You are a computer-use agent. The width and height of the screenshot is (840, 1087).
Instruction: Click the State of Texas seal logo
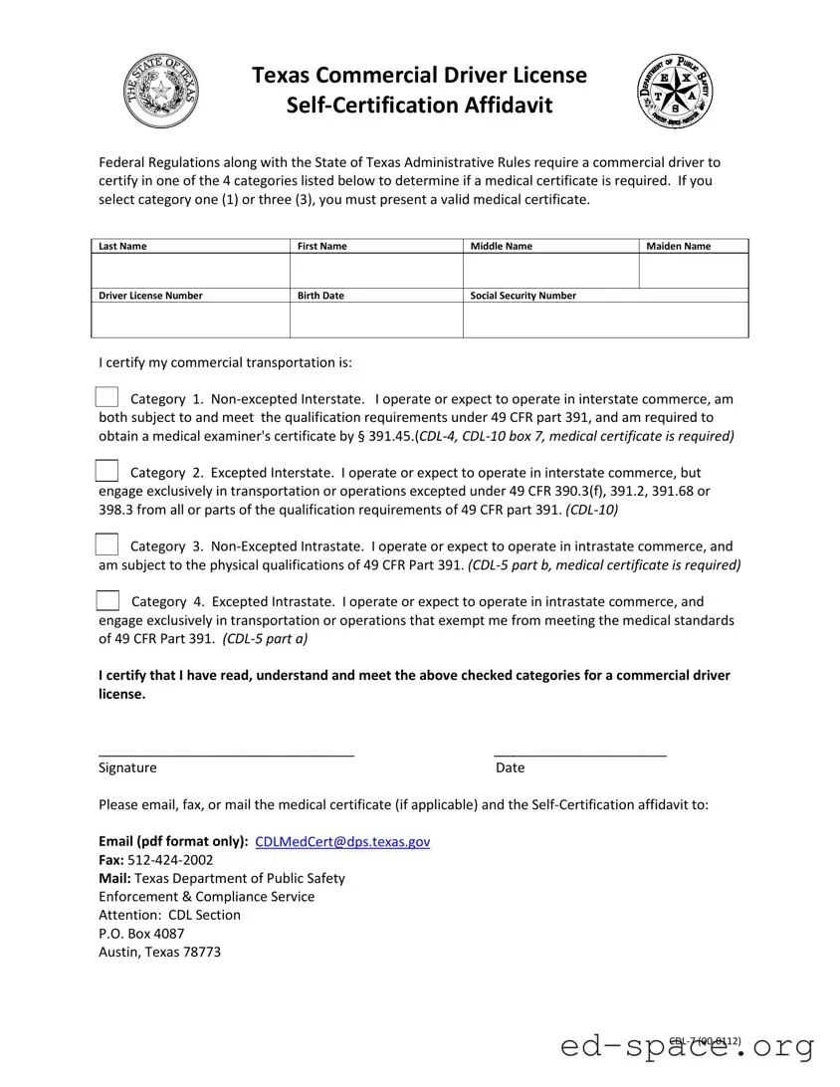160,92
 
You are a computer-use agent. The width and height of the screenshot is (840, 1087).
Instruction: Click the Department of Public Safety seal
675,92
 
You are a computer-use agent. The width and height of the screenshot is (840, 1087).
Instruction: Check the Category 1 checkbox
107,397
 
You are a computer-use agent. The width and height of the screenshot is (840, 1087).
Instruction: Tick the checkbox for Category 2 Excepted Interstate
107,471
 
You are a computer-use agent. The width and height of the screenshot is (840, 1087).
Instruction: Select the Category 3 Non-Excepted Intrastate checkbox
107,544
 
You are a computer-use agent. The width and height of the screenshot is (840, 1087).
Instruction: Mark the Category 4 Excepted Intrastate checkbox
107,600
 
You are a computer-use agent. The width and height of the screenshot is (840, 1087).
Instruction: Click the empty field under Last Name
190,271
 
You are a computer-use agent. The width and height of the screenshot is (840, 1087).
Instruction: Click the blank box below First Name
376,271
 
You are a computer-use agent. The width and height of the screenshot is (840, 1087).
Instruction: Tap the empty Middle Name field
550,271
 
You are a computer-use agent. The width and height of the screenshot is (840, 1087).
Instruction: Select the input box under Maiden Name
693,271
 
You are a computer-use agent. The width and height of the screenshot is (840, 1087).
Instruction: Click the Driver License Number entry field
190,320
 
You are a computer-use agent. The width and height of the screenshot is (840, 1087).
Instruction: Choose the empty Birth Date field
376,320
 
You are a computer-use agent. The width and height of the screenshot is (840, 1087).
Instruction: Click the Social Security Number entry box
605,320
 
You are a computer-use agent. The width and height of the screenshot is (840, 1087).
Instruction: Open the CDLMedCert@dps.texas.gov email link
342,841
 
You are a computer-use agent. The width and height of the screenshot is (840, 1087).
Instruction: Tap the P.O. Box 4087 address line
141,934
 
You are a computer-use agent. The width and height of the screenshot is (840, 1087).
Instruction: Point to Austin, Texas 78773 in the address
159,952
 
